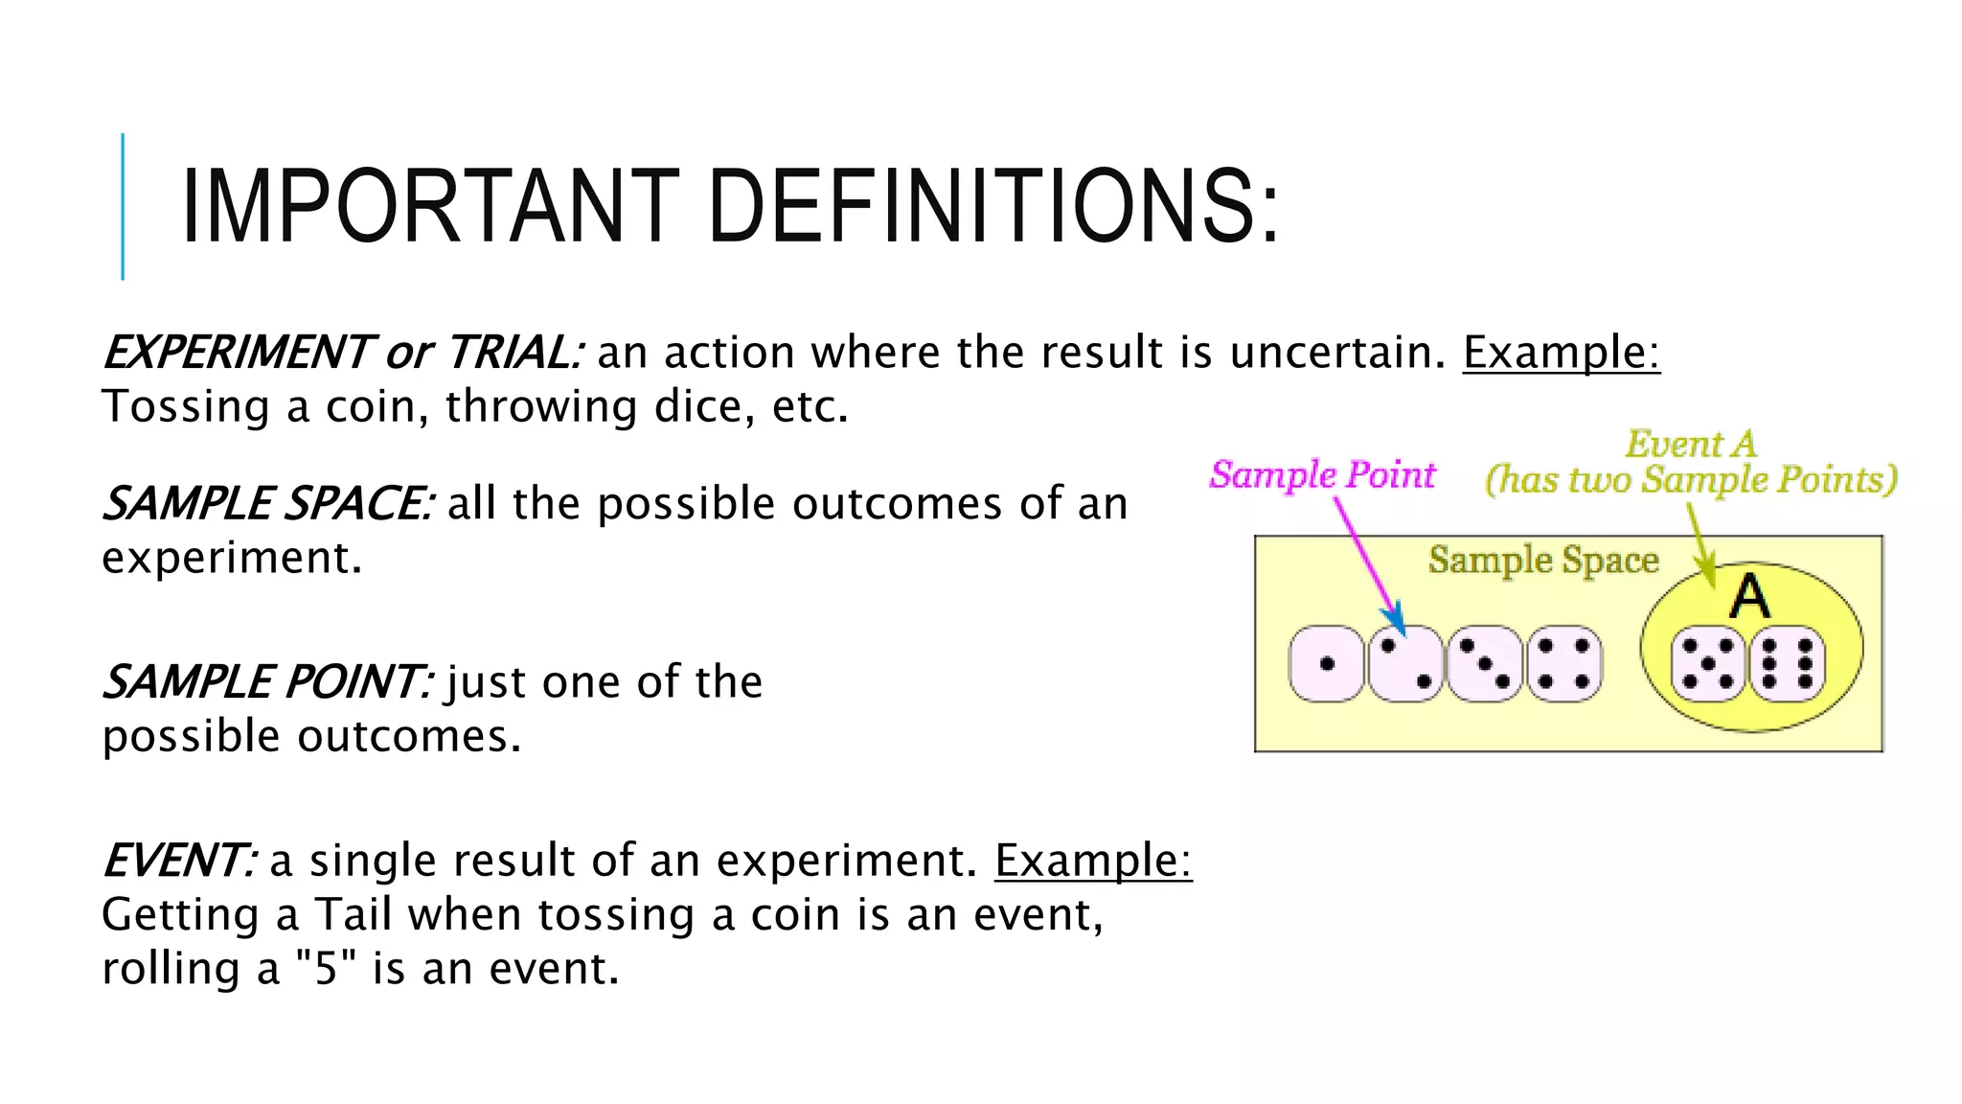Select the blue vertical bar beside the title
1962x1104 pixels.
pos(123,206)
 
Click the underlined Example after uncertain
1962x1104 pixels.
pos(1560,353)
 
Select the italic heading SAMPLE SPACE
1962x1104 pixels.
pos(268,504)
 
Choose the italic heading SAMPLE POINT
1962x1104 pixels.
pos(266,682)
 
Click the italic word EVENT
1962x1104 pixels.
pos(178,861)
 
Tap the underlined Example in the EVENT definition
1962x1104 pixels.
pos(1092,861)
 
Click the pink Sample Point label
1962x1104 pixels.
pos(1322,474)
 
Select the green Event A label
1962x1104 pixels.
pos(1691,445)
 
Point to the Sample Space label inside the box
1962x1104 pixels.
pos(1542,560)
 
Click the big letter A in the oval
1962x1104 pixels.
pos(1749,598)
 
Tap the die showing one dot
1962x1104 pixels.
pos(1326,663)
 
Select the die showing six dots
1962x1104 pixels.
pos(1787,663)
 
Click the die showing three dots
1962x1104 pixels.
pos(1484,663)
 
